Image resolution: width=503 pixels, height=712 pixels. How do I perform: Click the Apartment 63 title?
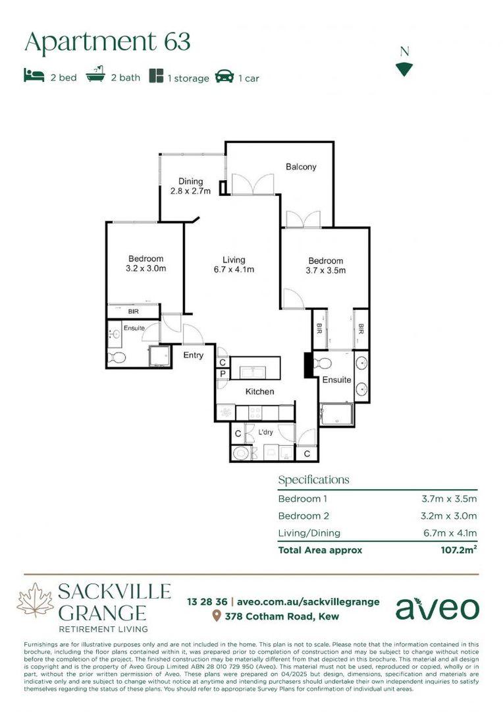tap(107, 42)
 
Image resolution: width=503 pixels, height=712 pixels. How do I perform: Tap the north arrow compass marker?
tap(404, 69)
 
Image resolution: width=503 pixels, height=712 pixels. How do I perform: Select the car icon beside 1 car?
tap(225, 76)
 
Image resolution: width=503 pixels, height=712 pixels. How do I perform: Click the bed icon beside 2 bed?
tap(34, 76)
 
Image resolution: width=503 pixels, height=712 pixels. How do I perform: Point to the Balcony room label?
tap(301, 167)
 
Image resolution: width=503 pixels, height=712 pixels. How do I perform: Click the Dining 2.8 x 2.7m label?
tap(190, 187)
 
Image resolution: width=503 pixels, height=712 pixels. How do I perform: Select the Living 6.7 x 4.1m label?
tap(233, 264)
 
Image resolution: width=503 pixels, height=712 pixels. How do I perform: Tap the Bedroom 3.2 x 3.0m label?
tap(146, 264)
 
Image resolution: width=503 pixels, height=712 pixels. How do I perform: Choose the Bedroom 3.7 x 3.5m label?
tap(325, 265)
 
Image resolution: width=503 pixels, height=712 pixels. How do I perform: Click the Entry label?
tap(194, 355)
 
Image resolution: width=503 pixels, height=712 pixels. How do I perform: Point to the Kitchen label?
tap(259, 392)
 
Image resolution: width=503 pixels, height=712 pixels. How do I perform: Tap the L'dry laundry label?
tap(265, 432)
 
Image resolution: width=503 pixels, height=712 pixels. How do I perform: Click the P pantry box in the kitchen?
tap(223, 374)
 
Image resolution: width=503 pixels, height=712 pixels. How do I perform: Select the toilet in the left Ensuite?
tap(116, 358)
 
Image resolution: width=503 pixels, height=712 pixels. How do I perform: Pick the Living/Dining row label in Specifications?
tap(309, 533)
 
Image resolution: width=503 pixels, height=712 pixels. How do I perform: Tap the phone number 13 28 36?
tap(207, 601)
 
